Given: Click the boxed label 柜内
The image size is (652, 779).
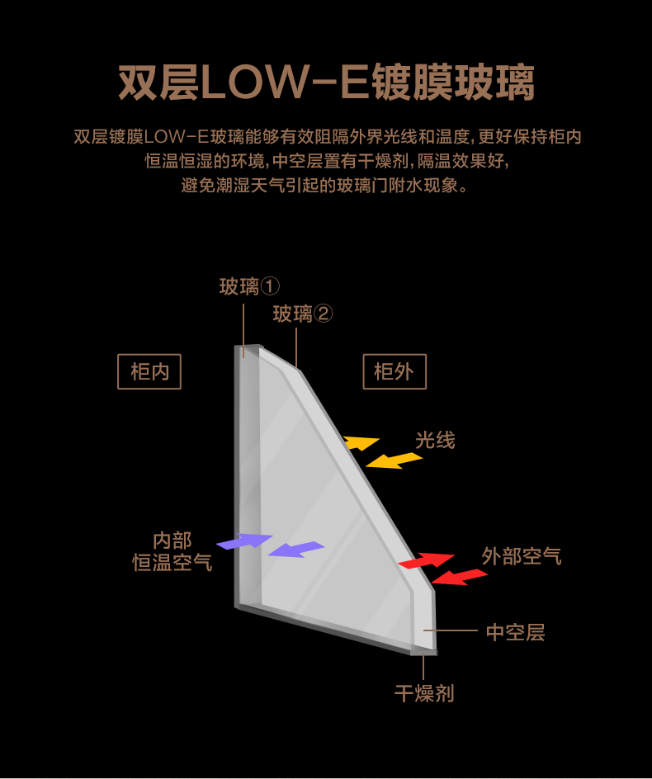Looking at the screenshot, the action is tap(149, 371).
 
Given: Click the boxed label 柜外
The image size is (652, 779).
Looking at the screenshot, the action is tap(395, 371).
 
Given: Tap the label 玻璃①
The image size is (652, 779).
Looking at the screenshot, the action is tap(249, 286).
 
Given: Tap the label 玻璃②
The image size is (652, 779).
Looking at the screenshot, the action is tap(303, 314).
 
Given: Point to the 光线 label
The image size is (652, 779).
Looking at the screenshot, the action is tap(435, 440).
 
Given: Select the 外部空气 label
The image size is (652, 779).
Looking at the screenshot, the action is tap(522, 556).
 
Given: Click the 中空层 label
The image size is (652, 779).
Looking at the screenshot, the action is tap(515, 632).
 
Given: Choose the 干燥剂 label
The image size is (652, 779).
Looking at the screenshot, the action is tap(424, 693).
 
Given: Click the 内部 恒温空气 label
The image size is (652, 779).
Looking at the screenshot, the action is tap(172, 551).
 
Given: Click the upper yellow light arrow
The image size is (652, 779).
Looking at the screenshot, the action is tap(361, 442).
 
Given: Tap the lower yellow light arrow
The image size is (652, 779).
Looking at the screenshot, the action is tap(394, 460).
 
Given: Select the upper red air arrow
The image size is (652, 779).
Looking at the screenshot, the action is tap(426, 560).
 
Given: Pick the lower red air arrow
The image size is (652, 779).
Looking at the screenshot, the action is tap(459, 578).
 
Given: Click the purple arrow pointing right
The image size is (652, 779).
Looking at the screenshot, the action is tap(244, 541).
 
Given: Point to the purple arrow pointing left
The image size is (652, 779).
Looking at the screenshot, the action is tap(296, 550).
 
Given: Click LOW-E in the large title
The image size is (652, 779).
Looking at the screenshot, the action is tap(284, 82).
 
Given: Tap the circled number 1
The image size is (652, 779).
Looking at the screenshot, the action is tap(271, 286).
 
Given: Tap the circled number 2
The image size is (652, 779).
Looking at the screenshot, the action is tap(324, 314).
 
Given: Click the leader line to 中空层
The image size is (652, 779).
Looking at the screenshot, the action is tap(451, 630).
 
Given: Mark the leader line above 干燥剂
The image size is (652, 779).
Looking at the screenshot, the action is tap(423, 667).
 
